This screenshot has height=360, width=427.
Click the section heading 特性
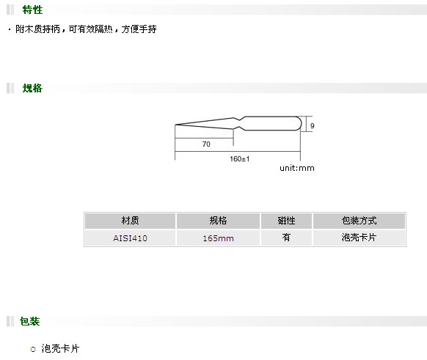pos(32,10)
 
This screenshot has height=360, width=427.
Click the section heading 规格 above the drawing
pos(32,88)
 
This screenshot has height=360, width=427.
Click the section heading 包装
pos(29,321)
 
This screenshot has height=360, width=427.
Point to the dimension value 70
pos(206,144)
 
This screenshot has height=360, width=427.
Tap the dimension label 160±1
pos(240,158)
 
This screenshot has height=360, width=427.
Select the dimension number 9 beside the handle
pos(312,125)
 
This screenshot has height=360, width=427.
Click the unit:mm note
pos(297,168)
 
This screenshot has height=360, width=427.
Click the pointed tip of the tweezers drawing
pos(175,125)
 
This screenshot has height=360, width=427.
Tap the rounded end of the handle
pos(300,123)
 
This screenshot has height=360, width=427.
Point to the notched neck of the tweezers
pos(240,123)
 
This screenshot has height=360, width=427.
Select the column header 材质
pos(130,221)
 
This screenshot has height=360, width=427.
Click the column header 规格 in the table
pos(218,221)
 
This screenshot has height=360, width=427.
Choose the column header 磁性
pos(286,221)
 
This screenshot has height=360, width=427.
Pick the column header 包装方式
pos(360,221)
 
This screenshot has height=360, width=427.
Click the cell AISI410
pos(130,238)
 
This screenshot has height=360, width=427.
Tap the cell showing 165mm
pos(218,238)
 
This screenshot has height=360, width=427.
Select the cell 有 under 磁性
pos(286,238)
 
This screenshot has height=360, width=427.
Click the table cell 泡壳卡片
pos(359,238)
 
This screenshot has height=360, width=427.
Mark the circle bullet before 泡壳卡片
pos(33,349)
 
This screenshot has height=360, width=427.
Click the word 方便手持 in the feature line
pos(139,29)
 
